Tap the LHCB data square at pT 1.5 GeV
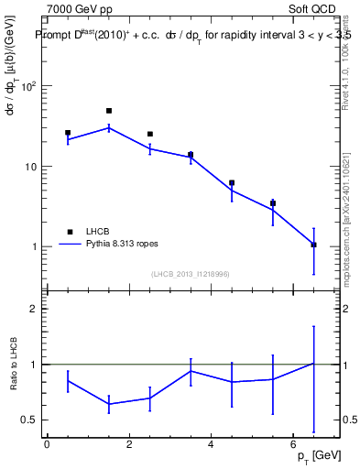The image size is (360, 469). coord(109,111)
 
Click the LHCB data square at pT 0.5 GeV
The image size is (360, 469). coord(68,133)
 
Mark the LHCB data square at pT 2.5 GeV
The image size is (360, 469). coord(150,134)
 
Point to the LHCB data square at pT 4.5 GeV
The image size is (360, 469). coord(232,183)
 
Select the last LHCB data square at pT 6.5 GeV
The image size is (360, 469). coord(314,245)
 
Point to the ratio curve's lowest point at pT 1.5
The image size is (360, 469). coord(109,404)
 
